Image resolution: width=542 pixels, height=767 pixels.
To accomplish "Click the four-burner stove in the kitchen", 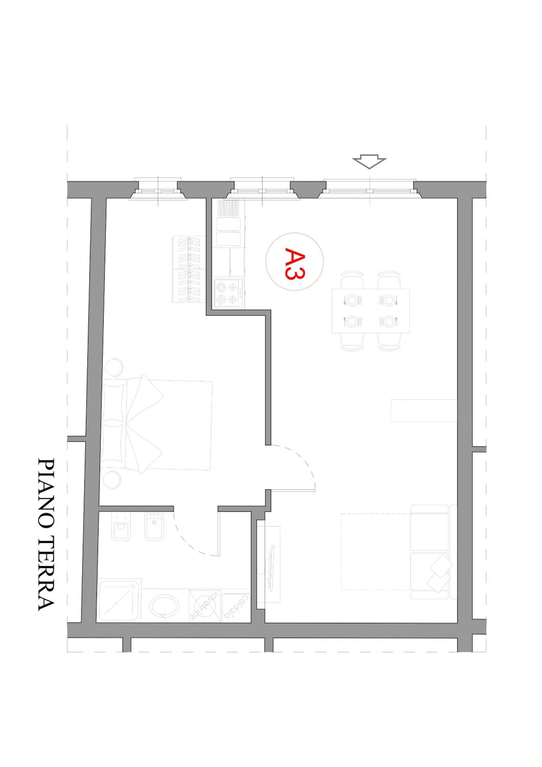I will tap(229, 293).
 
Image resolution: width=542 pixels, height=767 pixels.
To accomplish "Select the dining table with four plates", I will tap(370, 311).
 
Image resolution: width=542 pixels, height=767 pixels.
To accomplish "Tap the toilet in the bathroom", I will tap(121, 527).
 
